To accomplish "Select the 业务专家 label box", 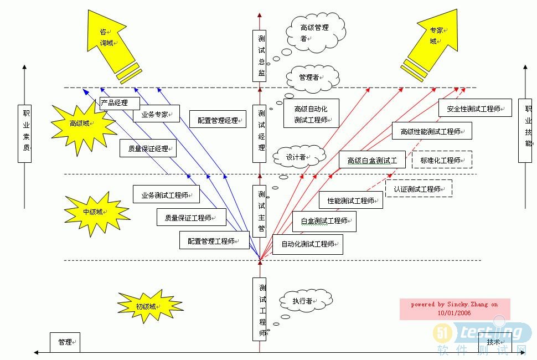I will pos(156,114).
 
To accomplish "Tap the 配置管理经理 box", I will pos(218,120).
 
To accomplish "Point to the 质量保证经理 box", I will pos(148,148).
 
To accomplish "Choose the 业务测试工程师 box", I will pos(166,194).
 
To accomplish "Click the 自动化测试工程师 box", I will pos(308,244).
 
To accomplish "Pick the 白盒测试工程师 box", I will pos(324,221).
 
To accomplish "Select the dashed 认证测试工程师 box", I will pos(419,189).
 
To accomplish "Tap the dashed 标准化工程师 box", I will pos(442,160).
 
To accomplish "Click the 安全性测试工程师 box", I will pos(474,109).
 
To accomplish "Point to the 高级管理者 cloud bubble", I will pos(316,32).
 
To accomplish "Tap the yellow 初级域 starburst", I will pos(147,306).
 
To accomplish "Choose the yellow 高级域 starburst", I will pos(83,124).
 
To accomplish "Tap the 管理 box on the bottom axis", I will pos(65,342).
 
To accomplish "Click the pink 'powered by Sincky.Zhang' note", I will pos(455,308).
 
